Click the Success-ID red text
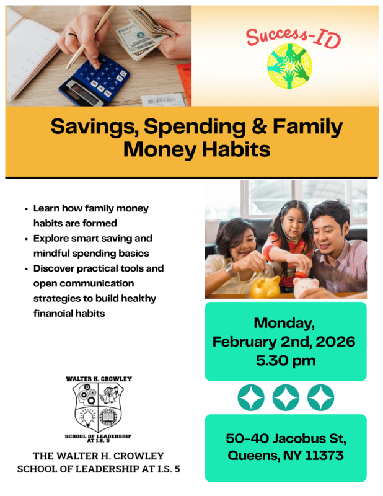pos(293,33)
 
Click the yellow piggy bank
pos(265,286)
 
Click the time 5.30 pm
pos(284,360)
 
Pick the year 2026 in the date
pos(335,342)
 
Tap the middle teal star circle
pos(286,397)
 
